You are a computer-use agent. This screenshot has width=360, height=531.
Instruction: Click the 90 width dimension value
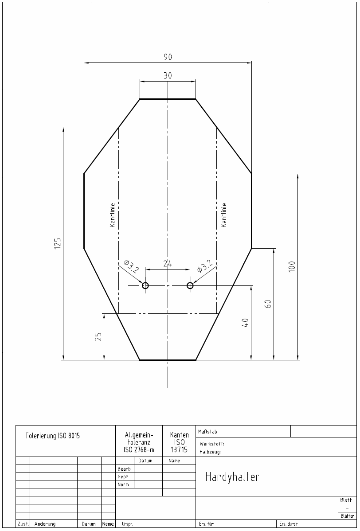click(x=168, y=57)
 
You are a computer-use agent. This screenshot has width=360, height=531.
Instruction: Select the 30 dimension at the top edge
click(x=168, y=75)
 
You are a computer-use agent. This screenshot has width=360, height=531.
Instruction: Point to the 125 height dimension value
click(x=58, y=243)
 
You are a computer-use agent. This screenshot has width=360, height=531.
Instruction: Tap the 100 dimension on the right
click(x=292, y=266)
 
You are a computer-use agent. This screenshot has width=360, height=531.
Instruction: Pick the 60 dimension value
click(x=268, y=304)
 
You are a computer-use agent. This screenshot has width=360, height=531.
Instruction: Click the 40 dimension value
click(x=246, y=323)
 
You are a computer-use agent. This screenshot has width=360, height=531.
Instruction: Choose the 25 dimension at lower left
click(x=98, y=336)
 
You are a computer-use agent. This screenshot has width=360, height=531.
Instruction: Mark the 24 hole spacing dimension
click(x=168, y=263)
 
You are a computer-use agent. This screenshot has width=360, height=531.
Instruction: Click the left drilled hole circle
click(x=145, y=285)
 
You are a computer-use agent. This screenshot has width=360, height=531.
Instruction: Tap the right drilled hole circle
click(x=190, y=285)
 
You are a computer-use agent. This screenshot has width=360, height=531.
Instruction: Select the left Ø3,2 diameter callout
click(x=132, y=266)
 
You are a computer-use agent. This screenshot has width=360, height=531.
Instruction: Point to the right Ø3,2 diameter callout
click(x=204, y=266)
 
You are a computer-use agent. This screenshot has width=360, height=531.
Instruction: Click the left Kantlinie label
click(x=113, y=215)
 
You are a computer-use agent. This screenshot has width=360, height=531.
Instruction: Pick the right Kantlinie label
click(x=224, y=215)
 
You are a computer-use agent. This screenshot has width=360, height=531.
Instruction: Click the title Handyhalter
click(x=232, y=477)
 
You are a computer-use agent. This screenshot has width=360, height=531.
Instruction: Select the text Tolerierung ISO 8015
click(x=52, y=436)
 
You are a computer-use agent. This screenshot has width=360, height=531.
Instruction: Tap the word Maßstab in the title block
click(x=207, y=432)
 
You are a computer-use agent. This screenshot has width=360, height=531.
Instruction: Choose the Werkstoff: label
click(x=212, y=444)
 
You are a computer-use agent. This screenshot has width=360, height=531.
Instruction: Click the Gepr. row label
click(x=123, y=477)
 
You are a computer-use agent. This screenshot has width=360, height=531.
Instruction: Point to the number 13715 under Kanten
click(x=179, y=450)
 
